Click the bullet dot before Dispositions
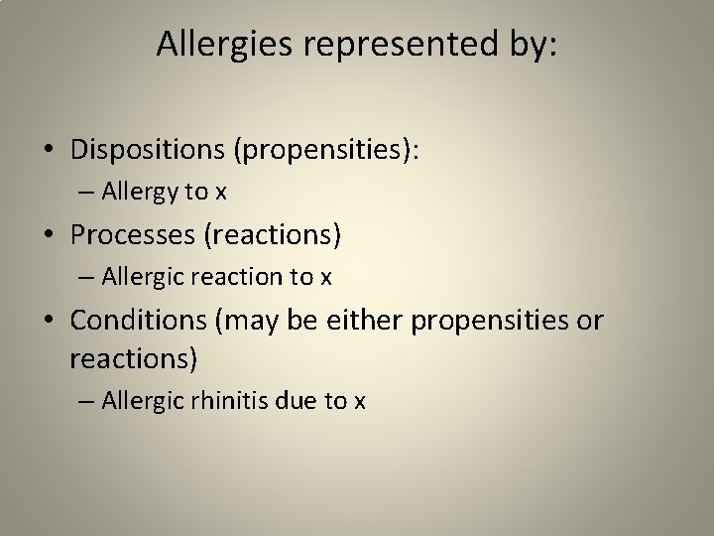pos(49,150)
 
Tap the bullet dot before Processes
pos(49,235)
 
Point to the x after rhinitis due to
pos(360,401)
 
